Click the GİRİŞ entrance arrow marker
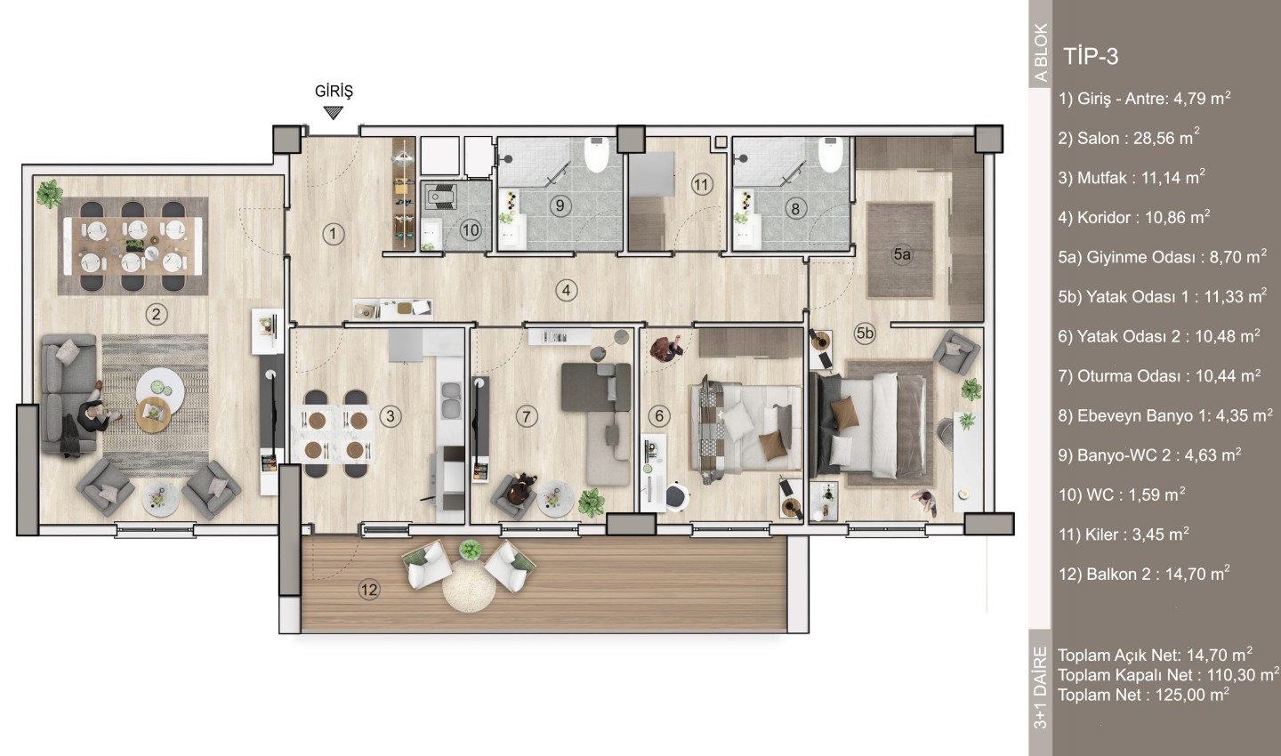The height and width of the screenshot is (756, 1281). point(333,112)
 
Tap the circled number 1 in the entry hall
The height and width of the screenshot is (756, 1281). point(333,234)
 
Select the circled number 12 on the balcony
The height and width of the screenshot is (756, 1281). point(369,590)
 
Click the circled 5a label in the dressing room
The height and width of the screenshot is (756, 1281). point(902,253)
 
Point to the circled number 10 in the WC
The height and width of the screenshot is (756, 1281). point(470,230)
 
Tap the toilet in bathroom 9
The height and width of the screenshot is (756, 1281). point(596,155)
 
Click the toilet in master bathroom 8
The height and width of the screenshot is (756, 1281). point(830,155)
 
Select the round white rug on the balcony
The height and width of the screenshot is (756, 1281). point(469,586)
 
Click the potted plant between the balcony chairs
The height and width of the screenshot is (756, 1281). point(470,549)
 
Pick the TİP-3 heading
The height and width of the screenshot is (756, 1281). point(1091,57)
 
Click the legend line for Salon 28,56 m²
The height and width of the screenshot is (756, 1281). point(1128,137)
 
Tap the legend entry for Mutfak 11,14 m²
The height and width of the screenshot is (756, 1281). point(1132,177)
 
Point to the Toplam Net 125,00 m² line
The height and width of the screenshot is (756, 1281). point(1143,695)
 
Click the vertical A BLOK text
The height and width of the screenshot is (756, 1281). point(1041,52)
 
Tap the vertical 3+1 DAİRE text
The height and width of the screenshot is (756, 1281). point(1041,688)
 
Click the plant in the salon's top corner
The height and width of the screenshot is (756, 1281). point(50,194)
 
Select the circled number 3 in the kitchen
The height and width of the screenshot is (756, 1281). point(391,415)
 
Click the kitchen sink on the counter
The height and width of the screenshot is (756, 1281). point(451,400)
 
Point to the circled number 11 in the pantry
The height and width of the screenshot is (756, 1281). point(701,185)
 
